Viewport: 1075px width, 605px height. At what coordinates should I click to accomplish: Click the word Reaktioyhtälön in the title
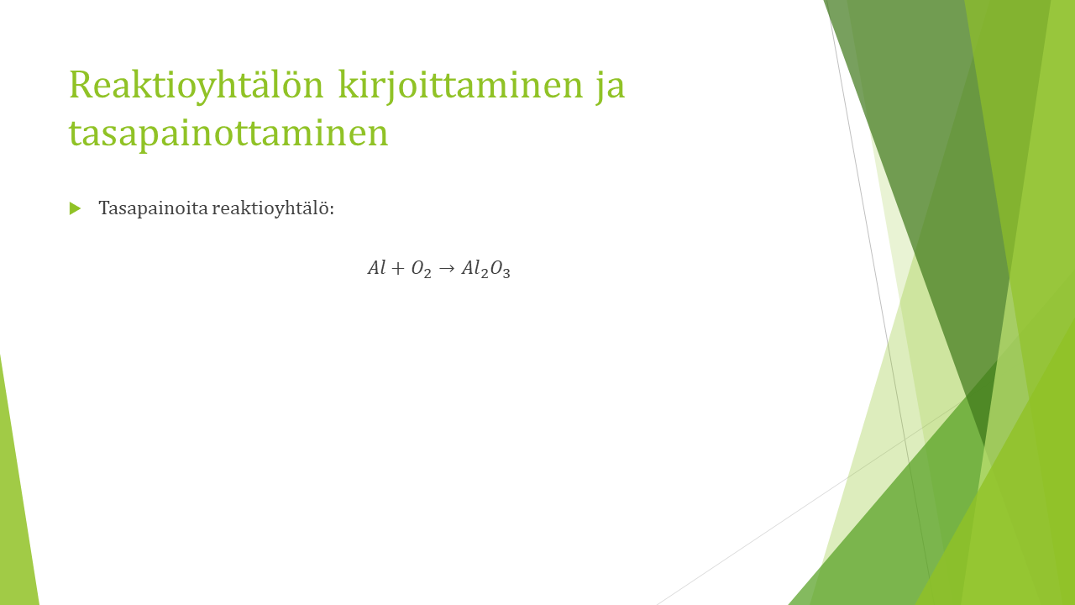tap(197, 86)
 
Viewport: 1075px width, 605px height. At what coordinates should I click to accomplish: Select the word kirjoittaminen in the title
tap(460, 86)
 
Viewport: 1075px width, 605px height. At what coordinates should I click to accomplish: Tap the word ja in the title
tap(611, 87)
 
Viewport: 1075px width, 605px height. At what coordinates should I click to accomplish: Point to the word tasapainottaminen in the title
tap(228, 134)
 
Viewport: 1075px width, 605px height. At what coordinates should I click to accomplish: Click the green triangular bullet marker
tap(75, 208)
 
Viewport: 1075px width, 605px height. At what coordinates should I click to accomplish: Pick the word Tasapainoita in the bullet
tap(153, 208)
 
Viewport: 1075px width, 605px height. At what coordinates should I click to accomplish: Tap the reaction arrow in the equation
tap(446, 268)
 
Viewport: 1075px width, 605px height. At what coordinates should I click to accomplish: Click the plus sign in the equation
tap(398, 268)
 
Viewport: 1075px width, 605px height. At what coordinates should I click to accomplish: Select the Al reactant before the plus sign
tap(377, 267)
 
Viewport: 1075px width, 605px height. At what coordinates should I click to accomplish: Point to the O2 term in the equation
tap(421, 269)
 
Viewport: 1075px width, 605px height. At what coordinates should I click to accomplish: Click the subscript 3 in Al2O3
tap(506, 273)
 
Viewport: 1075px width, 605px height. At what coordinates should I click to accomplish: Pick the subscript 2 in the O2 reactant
tap(427, 273)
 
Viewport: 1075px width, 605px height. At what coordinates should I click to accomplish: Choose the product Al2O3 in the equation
tap(485, 269)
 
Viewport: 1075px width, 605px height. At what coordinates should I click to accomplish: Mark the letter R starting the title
tap(80, 85)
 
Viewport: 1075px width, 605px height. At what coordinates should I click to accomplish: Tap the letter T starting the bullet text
tap(105, 208)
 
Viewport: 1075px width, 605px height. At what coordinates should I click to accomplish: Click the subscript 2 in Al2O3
tap(485, 273)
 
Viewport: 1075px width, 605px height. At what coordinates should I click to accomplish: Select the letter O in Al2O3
tap(496, 267)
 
